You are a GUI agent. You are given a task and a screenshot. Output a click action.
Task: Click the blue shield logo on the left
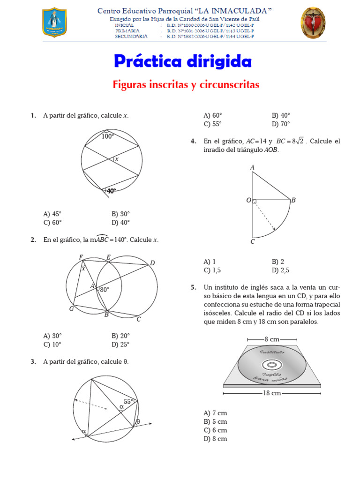pyautogui.click(x=54, y=22)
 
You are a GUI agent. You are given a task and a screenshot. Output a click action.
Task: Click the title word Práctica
pyautogui.click(x=148, y=61)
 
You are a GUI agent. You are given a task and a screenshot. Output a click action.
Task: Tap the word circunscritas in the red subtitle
pyautogui.click(x=229, y=84)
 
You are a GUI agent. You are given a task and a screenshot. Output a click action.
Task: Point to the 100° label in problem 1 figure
pyautogui.click(x=107, y=136)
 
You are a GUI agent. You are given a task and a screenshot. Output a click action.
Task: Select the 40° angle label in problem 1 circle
pyautogui.click(x=112, y=191)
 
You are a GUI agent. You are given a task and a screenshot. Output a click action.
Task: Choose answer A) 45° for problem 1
pyautogui.click(x=52, y=214)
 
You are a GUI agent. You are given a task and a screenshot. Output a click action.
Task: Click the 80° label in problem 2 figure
pyautogui.click(x=105, y=290)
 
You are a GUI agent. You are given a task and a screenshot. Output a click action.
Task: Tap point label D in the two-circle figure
pyautogui.click(x=152, y=263)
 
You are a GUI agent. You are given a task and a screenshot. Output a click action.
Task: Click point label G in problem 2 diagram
pyautogui.click(x=72, y=308)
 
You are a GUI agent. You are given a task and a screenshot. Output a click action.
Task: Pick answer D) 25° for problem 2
pyautogui.click(x=120, y=345)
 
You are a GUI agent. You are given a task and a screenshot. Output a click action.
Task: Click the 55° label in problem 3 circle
pyautogui.click(x=128, y=402)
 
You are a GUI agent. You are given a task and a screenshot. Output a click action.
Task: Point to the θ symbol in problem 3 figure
pyautogui.click(x=138, y=421)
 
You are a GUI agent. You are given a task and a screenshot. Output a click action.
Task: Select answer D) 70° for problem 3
pyautogui.click(x=281, y=124)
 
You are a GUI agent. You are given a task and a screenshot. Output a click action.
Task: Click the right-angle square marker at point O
pyautogui.click(x=255, y=202)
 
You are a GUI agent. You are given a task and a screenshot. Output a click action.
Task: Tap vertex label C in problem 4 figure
pyautogui.click(x=253, y=242)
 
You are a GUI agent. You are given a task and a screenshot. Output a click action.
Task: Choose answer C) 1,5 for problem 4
pyautogui.click(x=212, y=270)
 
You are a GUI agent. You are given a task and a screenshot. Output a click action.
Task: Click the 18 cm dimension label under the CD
pyautogui.click(x=272, y=393)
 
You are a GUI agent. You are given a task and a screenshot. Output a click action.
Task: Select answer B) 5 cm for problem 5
pyautogui.click(x=215, y=421)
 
